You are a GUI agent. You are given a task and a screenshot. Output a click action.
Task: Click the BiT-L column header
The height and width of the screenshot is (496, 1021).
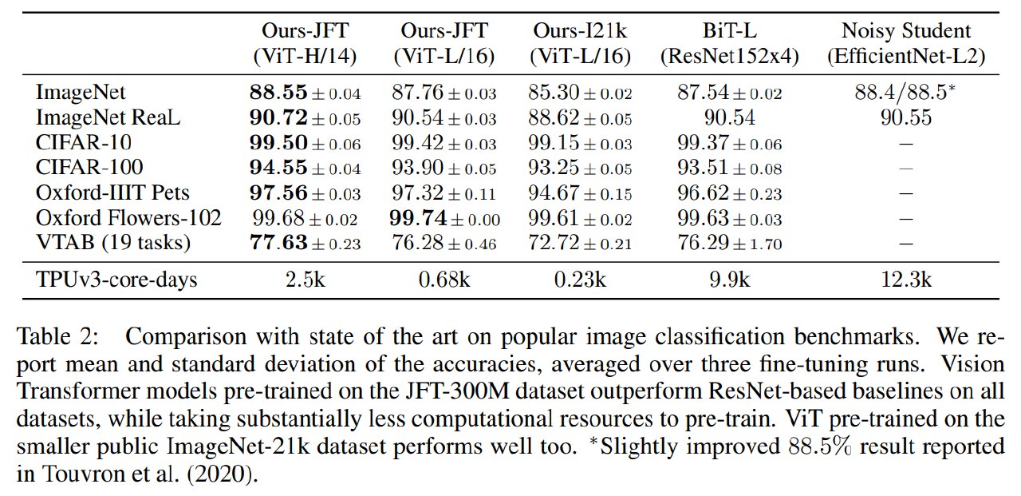click(729, 43)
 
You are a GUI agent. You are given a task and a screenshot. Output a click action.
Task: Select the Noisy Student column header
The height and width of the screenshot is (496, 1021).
click(906, 43)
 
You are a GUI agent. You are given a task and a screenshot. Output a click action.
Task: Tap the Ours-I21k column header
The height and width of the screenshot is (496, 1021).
click(580, 43)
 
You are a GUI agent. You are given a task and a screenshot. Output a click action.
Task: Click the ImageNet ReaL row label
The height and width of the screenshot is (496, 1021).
click(108, 117)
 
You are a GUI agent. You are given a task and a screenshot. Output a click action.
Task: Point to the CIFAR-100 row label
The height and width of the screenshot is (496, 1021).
click(89, 167)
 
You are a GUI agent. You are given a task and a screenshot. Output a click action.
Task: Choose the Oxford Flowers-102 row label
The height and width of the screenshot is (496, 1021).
click(128, 218)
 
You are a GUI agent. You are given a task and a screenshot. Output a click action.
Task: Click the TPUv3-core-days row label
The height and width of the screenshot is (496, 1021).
click(116, 280)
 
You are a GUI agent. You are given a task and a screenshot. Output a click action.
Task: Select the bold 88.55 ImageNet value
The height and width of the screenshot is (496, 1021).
click(278, 92)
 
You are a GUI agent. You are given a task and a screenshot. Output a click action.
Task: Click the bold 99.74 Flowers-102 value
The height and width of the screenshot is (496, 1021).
click(418, 218)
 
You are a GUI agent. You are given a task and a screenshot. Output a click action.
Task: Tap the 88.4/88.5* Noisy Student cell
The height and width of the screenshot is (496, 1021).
click(905, 92)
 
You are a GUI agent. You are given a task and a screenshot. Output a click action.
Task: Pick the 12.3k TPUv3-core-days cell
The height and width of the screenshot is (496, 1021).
click(906, 280)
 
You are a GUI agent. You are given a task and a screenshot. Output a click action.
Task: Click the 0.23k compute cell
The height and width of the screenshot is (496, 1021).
click(580, 280)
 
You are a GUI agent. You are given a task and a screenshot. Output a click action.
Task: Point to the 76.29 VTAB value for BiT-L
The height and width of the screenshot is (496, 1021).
click(704, 243)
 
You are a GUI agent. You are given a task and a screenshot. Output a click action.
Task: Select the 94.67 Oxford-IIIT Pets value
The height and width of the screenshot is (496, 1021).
click(554, 192)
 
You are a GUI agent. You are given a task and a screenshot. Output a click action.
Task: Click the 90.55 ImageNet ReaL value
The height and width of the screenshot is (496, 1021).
click(906, 117)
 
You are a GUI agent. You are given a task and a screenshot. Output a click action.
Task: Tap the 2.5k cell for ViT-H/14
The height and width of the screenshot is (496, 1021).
click(306, 280)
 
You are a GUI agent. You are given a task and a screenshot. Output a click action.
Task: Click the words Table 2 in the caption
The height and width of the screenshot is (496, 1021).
click(57, 337)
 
